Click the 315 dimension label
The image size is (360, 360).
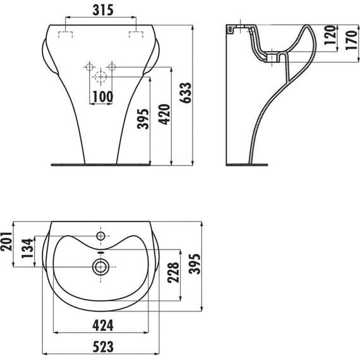click(103, 10)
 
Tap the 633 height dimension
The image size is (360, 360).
click(186, 92)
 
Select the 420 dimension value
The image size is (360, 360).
click(165, 114)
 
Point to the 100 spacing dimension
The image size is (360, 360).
click(102, 97)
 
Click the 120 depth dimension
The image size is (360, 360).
click(330, 35)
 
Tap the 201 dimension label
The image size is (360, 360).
click(6, 241)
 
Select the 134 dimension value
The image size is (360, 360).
click(27, 248)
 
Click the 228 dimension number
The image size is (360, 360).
click(173, 272)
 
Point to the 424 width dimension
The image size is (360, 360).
click(103, 325)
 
